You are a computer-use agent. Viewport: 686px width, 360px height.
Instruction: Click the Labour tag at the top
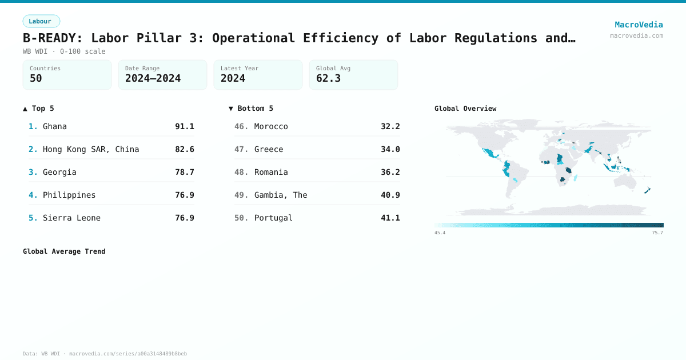41,21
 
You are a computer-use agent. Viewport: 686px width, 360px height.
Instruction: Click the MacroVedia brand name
639,25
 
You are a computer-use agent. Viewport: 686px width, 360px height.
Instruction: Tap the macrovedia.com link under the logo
636,35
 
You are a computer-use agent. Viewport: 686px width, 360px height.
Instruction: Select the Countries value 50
36,79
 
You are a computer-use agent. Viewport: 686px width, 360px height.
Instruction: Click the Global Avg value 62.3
328,79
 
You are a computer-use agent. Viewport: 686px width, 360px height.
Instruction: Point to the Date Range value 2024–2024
153,79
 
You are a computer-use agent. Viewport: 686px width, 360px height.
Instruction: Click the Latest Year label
240,69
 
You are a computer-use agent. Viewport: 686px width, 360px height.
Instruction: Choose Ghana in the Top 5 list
55,126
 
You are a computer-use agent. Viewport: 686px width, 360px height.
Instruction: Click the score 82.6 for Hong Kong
185,149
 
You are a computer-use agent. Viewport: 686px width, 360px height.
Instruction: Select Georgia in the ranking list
59,172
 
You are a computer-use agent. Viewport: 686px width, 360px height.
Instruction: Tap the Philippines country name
69,195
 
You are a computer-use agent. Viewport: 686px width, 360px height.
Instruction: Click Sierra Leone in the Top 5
71,218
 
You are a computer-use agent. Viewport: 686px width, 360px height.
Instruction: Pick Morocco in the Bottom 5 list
271,126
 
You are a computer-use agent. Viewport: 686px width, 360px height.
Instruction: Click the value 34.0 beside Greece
390,149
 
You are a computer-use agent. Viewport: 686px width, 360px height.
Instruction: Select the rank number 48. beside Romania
241,172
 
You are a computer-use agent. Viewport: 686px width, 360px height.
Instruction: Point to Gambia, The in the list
281,195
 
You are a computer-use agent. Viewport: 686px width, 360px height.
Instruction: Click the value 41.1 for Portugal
390,218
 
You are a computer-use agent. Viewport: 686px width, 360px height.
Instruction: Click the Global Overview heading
465,109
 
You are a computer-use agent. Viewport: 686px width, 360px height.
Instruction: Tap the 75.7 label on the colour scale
657,233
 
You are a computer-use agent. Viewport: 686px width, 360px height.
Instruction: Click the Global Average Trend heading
64,251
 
